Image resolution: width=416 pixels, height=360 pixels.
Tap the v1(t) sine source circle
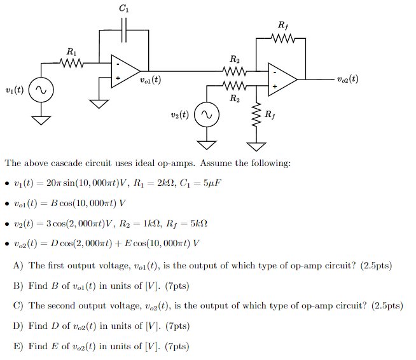tap(40, 91)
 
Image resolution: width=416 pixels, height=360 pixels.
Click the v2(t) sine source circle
tap(206, 115)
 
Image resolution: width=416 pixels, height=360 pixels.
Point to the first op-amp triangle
tap(125, 71)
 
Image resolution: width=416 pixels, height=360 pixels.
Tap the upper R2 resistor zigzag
tap(235, 72)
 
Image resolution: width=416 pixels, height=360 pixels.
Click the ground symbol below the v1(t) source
tap(40, 119)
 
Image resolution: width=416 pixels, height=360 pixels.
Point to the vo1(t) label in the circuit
tap(149, 80)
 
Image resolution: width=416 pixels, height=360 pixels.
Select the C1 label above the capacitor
tap(123, 8)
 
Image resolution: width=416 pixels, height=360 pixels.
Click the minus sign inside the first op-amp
tap(117, 64)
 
